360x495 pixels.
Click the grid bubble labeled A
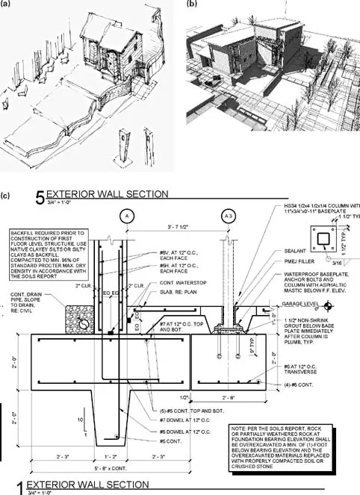(127, 215)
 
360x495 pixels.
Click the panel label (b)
(191, 4)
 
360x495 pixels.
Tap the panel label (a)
(7, 4)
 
